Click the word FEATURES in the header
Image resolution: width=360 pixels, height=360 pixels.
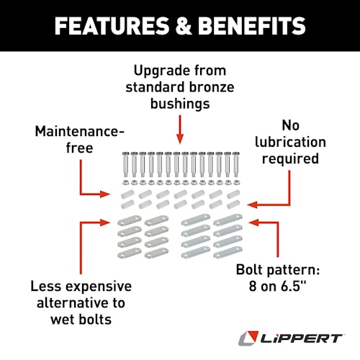pos(112,26)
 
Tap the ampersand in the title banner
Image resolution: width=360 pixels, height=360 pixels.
pos(184,26)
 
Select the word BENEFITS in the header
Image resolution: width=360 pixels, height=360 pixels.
pos(252,26)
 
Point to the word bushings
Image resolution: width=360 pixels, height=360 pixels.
pos(180,104)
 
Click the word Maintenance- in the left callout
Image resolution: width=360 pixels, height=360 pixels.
pos(80,131)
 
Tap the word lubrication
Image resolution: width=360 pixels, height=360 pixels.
pos(290,142)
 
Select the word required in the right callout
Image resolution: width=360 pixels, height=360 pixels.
pos(290,159)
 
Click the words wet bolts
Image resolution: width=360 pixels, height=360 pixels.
pos(81,320)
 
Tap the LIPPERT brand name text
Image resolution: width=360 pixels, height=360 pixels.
pos(301,339)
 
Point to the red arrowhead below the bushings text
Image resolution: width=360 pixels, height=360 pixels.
pos(180,139)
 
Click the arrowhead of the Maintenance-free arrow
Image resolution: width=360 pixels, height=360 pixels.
pos(105,194)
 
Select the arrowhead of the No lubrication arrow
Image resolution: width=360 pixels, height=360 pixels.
pos(252,204)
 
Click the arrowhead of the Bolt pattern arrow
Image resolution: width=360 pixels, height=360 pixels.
pos(253,222)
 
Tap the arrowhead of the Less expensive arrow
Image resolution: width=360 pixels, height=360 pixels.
pos(105,222)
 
